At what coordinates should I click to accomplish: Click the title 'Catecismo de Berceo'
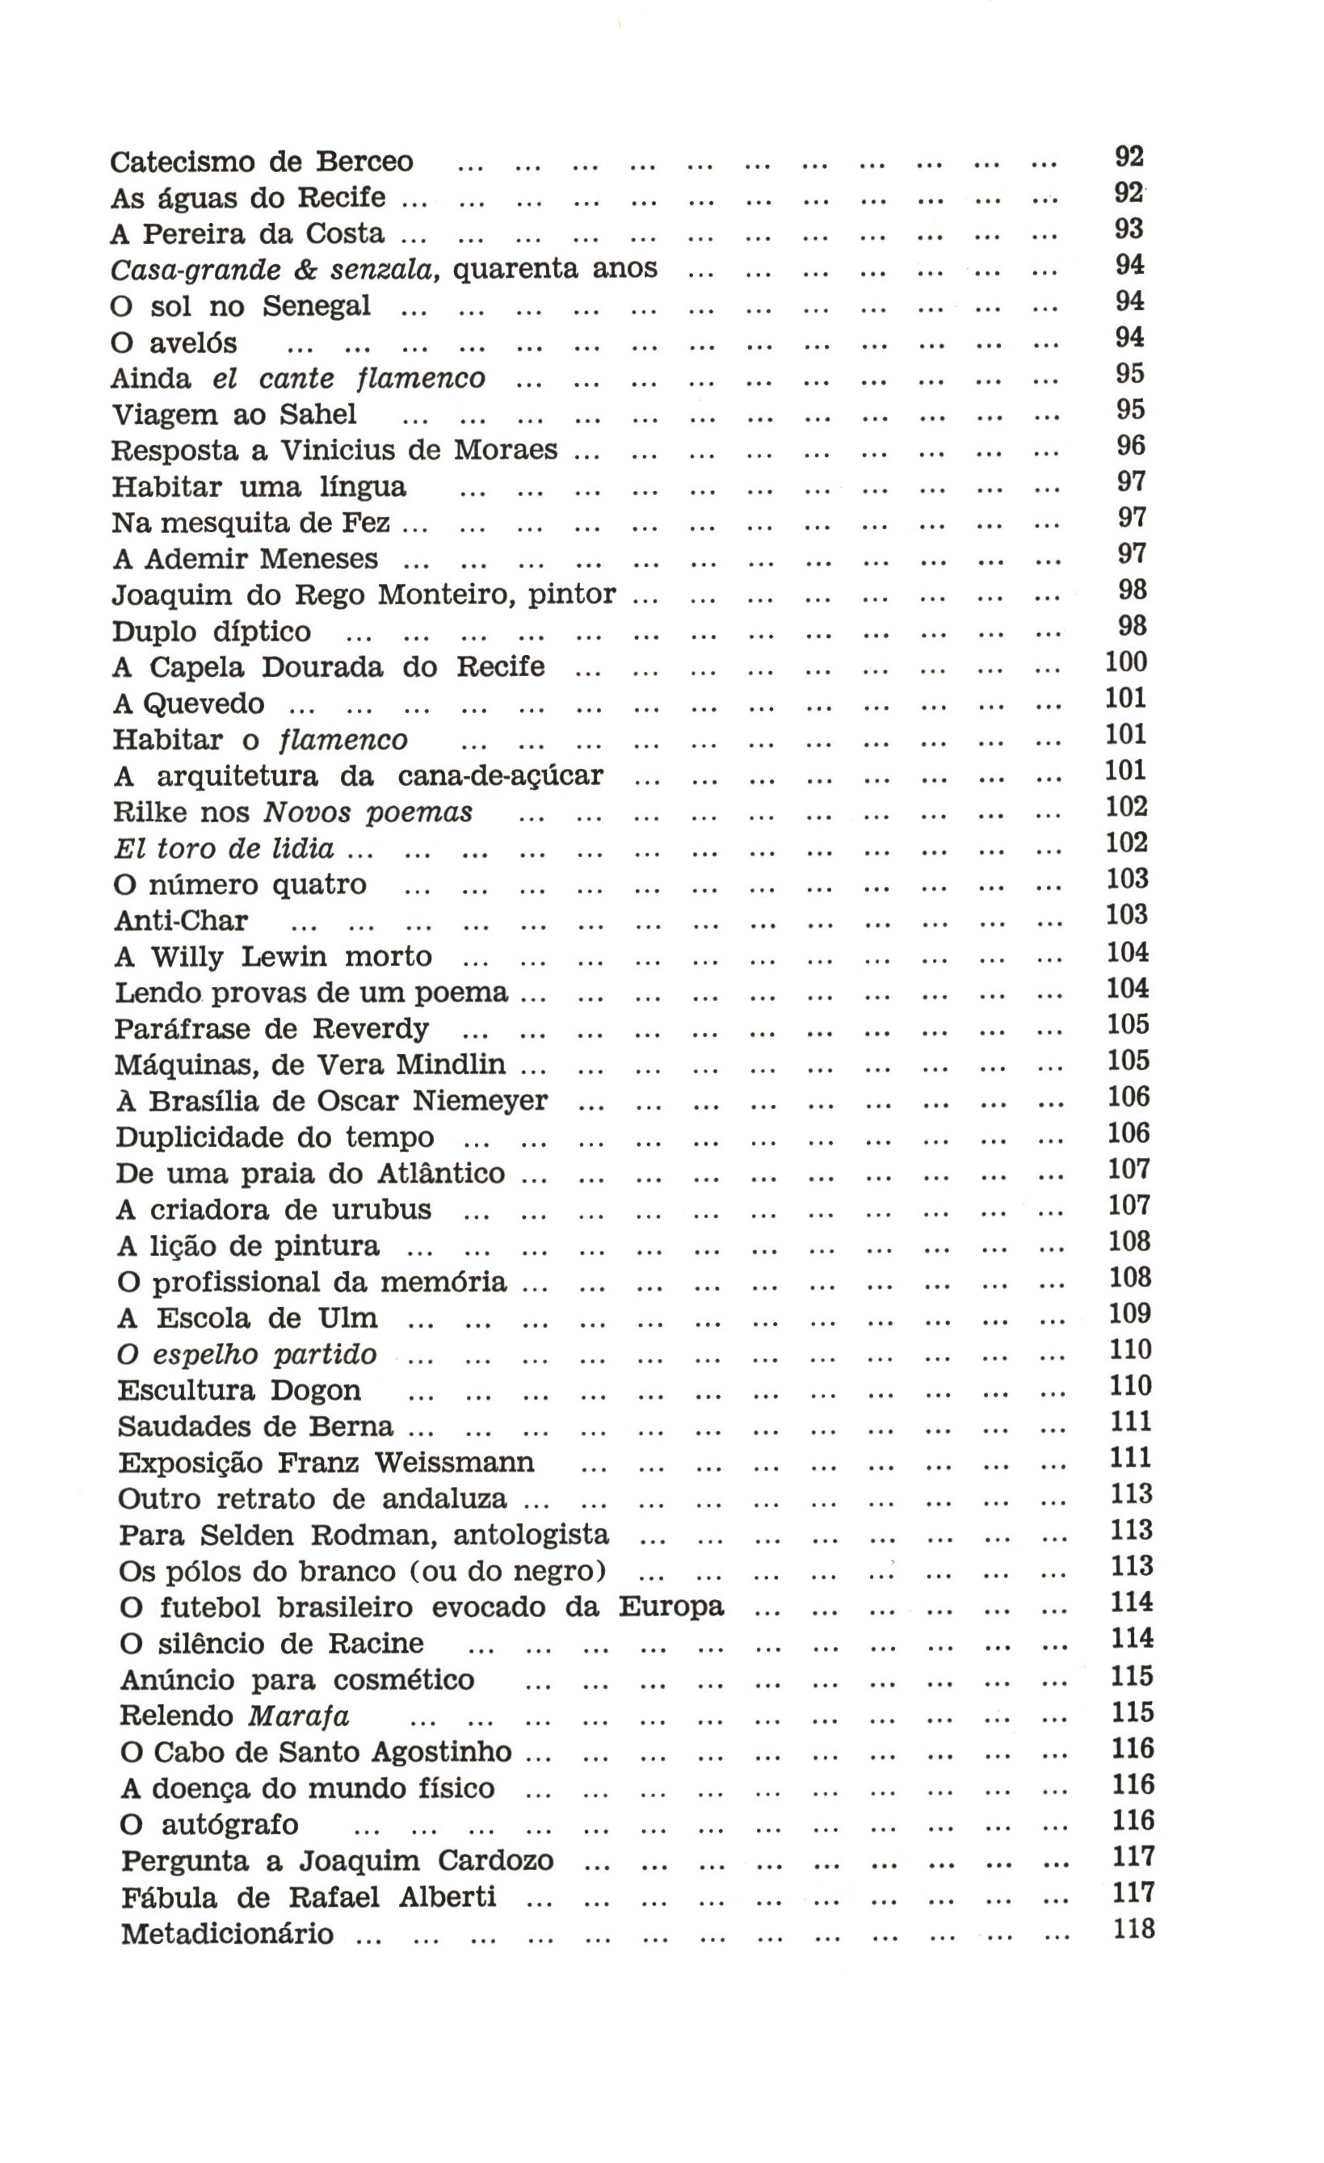262,162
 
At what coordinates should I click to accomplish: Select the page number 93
1129,230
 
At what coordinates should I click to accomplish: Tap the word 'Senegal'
316,306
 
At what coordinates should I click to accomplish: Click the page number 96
1130,446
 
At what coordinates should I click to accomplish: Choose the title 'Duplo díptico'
212,632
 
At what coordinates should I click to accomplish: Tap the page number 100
1125,663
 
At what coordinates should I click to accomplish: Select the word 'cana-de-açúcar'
501,777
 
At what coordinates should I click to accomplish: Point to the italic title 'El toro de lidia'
224,849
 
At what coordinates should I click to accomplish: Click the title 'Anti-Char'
181,921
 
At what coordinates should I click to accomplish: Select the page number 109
1130,1313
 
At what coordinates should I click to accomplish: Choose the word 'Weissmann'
454,1463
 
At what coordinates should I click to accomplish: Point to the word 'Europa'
670,1606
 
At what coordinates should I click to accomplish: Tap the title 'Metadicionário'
227,1934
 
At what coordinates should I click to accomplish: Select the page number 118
1133,1929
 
